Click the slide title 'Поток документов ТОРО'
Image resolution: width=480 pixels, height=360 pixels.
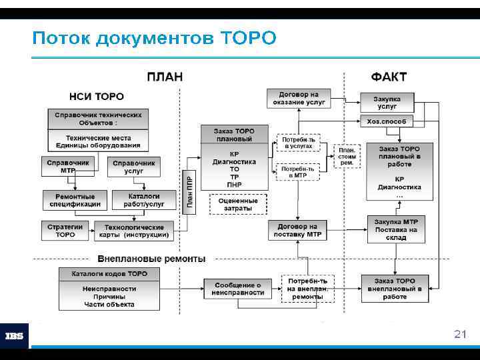pyautogui.click(x=153, y=38)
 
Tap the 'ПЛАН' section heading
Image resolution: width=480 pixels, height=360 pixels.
pyautogui.click(x=164, y=77)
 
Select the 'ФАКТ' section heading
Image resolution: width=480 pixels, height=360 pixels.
pyautogui.click(x=389, y=77)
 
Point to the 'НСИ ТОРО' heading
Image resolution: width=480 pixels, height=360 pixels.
pyautogui.click(x=97, y=97)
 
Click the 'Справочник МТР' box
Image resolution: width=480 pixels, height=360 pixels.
pyautogui.click(x=68, y=167)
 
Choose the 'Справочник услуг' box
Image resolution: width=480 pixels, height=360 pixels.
pyautogui.click(x=133, y=167)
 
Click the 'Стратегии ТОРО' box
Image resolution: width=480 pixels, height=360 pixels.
pyautogui.click(x=65, y=231)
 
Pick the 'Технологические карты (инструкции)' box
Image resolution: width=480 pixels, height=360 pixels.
pyautogui.click(x=134, y=231)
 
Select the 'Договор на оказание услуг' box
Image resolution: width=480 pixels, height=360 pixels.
pyautogui.click(x=298, y=99)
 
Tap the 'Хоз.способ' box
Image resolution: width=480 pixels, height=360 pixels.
pyautogui.click(x=386, y=121)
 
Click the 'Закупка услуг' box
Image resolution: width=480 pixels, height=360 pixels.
pyautogui.click(x=387, y=102)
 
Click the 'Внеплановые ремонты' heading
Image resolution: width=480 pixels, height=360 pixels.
pyautogui.click(x=151, y=258)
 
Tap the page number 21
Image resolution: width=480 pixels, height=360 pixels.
pyautogui.click(x=459, y=333)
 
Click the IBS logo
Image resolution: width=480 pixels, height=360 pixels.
pyautogui.click(x=15, y=336)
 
